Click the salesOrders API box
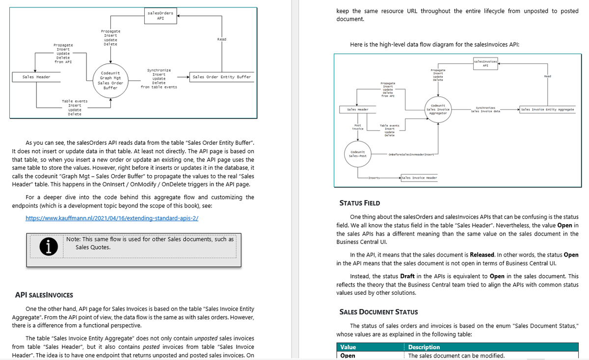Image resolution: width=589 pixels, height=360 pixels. pyautogui.click(x=161, y=15)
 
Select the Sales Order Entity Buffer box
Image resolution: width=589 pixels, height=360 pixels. pyautogui.click(x=222, y=77)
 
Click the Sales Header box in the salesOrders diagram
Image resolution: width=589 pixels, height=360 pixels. pyautogui.click(x=36, y=77)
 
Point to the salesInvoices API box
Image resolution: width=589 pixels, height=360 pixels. pyautogui.click(x=485, y=62)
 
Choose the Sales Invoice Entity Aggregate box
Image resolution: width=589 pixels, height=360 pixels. pyautogui.click(x=547, y=109)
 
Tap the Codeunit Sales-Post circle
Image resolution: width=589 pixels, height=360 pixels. pyautogui.click(x=358, y=154)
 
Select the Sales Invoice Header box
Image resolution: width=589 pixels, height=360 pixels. pyautogui.click(x=418, y=177)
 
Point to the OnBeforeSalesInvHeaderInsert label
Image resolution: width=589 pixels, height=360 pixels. pyautogui.click(x=410, y=154)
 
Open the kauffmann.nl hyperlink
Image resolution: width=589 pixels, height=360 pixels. pyautogui.click(x=112, y=218)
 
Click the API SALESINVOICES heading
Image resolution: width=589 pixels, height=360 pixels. pyautogui.click(x=44, y=295)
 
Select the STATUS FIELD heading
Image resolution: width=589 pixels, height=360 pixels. pyautogui.click(x=360, y=203)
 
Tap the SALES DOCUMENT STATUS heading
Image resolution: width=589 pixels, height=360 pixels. pyautogui.click(x=378, y=312)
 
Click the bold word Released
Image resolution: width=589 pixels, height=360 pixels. pyautogui.click(x=485, y=255)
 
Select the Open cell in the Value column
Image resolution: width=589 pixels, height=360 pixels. pyautogui.click(x=348, y=356)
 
